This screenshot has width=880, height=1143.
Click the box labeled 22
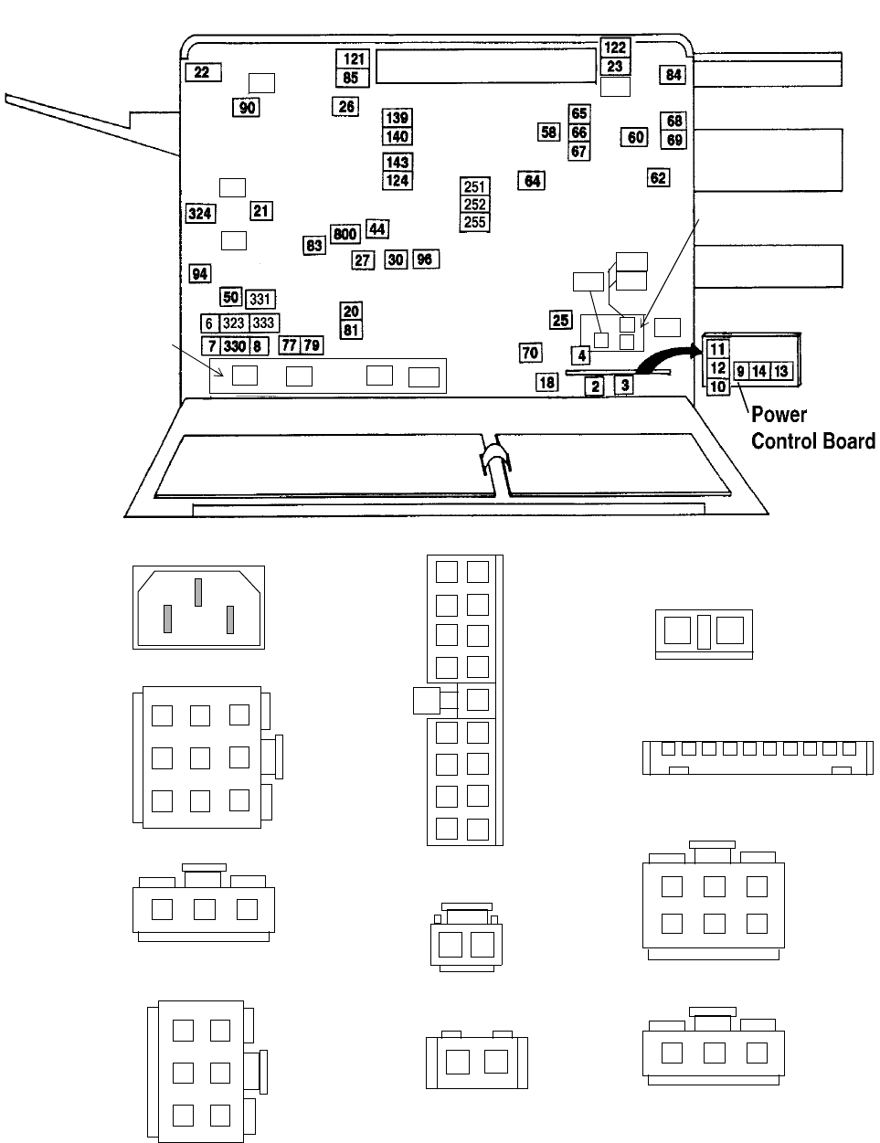[203, 72]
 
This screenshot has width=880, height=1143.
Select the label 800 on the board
[345, 235]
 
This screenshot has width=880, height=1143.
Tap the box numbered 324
[200, 214]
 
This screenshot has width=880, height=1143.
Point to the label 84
[673, 75]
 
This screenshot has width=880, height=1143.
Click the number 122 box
[616, 48]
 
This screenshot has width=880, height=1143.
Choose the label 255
[475, 222]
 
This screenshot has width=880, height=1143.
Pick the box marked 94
[200, 274]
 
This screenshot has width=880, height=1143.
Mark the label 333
[263, 323]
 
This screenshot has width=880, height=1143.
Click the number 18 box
[546, 383]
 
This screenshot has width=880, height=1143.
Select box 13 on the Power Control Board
[780, 371]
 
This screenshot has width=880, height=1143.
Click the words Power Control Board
[811, 428]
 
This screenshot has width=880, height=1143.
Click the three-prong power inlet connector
[199, 607]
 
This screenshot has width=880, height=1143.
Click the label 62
[658, 178]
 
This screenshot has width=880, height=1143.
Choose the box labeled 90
[247, 108]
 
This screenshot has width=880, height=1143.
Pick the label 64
[532, 181]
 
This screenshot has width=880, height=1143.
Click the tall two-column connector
[463, 699]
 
